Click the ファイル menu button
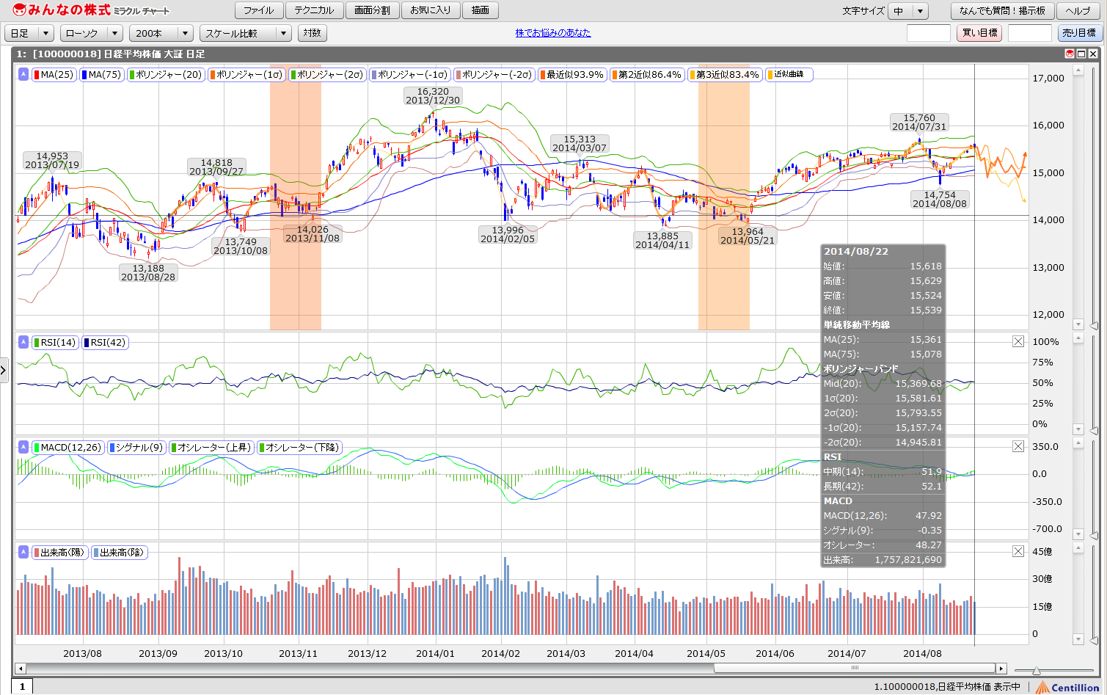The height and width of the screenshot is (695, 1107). point(258,10)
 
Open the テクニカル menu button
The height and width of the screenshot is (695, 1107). point(314,10)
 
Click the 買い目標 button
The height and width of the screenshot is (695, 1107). point(979,33)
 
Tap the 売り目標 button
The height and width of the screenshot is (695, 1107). point(1079,33)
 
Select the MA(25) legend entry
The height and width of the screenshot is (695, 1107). point(54,74)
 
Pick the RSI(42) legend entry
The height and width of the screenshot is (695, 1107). point(105,342)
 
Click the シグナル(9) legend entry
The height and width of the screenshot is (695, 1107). point(136,447)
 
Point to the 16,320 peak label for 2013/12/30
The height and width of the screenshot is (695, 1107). point(433,96)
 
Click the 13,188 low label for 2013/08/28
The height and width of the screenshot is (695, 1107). point(148,272)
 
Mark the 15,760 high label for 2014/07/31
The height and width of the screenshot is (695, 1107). point(919,122)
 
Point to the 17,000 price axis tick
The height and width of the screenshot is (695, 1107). point(1048,79)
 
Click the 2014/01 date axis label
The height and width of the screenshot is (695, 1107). point(435,653)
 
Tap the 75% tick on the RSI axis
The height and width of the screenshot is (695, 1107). point(1042,363)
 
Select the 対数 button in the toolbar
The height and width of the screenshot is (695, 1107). point(312,33)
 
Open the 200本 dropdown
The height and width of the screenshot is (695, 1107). point(162,33)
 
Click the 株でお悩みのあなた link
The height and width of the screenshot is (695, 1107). point(552,33)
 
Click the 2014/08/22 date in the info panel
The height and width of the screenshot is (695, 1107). point(856,252)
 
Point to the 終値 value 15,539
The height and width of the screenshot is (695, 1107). point(925,310)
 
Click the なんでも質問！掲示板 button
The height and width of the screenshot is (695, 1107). point(1002,10)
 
